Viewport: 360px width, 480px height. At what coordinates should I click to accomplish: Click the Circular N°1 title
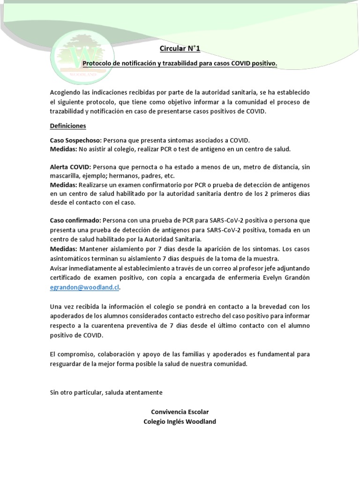pyautogui.click(x=180, y=48)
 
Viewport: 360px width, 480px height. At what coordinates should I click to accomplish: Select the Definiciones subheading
pyautogui.click(x=68, y=126)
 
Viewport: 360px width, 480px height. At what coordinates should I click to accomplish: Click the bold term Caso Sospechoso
pyautogui.click(x=75, y=140)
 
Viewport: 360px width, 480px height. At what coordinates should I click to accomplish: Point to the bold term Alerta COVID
pyautogui.click(x=71, y=167)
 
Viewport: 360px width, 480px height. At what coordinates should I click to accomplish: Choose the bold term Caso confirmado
pyautogui.click(x=75, y=220)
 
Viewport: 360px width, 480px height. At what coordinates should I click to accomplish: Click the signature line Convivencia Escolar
pyautogui.click(x=180, y=412)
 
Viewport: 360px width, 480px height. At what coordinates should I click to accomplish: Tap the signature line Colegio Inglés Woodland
pyautogui.click(x=180, y=421)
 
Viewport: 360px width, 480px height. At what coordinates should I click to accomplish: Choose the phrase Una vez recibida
pyautogui.click(x=73, y=307)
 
